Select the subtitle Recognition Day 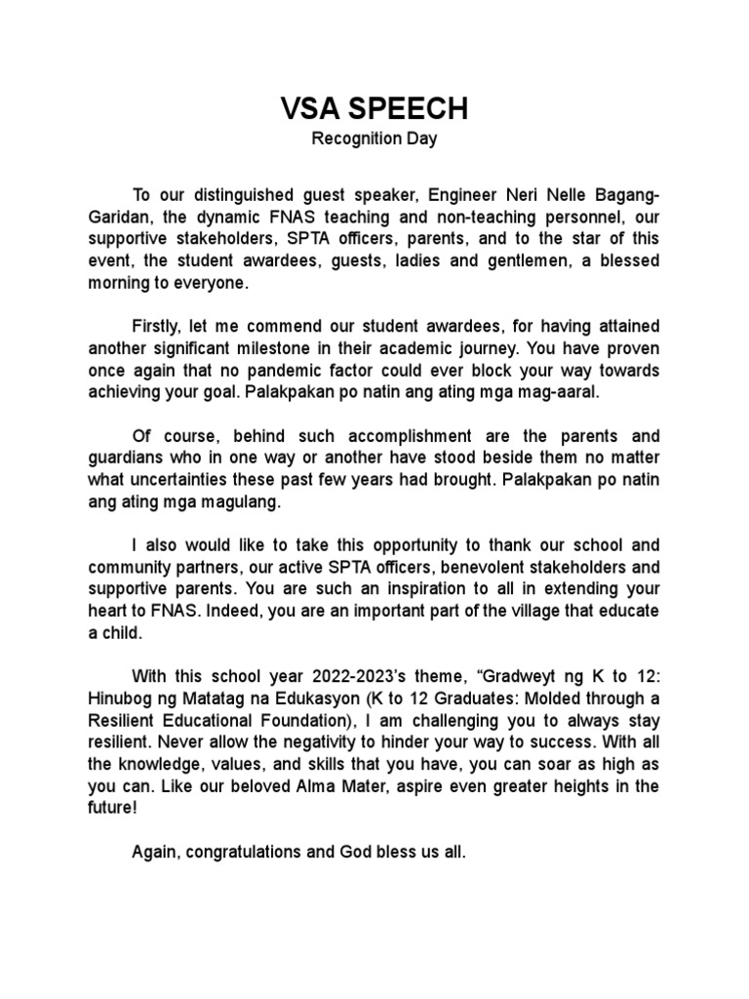[374, 139]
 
